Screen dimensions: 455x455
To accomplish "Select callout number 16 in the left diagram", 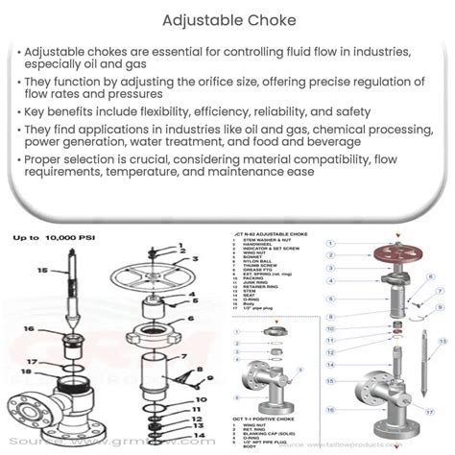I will click(x=29, y=329).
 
